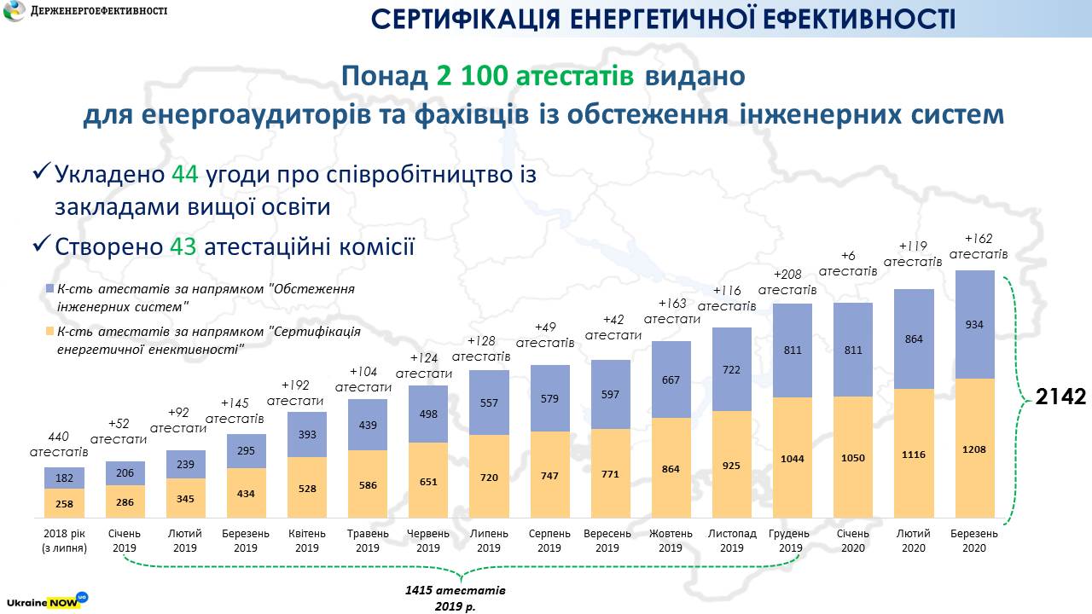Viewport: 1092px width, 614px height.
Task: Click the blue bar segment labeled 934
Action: click(x=973, y=325)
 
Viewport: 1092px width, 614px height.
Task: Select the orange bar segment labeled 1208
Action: click(x=973, y=448)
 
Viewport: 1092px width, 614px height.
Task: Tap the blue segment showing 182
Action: click(x=65, y=478)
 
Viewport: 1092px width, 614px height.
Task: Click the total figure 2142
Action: click(x=1060, y=397)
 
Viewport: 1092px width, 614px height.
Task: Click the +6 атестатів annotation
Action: click(x=848, y=263)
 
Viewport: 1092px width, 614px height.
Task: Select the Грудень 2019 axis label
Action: click(x=791, y=541)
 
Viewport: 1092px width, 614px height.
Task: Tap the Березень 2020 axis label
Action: click(x=973, y=541)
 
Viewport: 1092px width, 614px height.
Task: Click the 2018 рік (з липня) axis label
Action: click(x=65, y=541)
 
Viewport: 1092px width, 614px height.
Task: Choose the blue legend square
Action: click(x=49, y=290)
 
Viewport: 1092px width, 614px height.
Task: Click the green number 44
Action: click(x=184, y=175)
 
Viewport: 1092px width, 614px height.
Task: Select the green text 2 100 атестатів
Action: click(x=535, y=76)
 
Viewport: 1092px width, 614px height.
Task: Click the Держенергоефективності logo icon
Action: click(x=15, y=13)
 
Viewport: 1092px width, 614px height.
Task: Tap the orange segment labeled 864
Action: click(x=671, y=468)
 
